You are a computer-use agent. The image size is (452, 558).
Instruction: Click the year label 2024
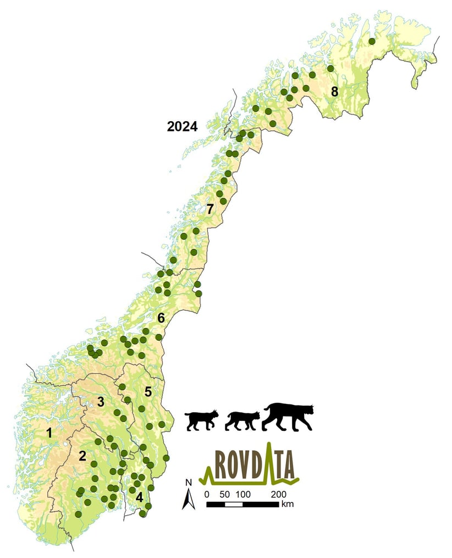point(182,127)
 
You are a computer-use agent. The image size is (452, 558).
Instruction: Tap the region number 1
point(49,433)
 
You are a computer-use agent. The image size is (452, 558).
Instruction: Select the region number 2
point(82,456)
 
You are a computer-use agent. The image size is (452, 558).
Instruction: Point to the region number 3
point(101,402)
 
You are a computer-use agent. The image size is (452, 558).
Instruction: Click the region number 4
point(139,497)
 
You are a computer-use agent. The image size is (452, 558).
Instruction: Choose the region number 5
point(148,392)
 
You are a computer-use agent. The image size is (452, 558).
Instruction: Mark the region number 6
point(161,318)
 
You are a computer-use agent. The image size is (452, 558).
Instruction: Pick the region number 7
point(209,209)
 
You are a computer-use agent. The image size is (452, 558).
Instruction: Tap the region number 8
point(334,91)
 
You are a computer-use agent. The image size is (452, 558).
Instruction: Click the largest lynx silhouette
point(288,417)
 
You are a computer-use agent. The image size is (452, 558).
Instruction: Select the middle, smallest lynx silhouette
point(242,420)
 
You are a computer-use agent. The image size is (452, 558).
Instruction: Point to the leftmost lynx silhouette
point(201,420)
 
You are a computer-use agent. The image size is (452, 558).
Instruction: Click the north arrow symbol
point(188,499)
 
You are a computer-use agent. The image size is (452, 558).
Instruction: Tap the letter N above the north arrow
point(188,483)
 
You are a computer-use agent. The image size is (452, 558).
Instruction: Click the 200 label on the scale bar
point(278,494)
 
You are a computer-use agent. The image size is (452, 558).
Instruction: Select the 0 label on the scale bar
point(207,494)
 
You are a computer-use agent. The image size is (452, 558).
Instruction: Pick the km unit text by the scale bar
point(286,504)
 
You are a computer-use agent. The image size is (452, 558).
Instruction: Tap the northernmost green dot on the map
point(372,41)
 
